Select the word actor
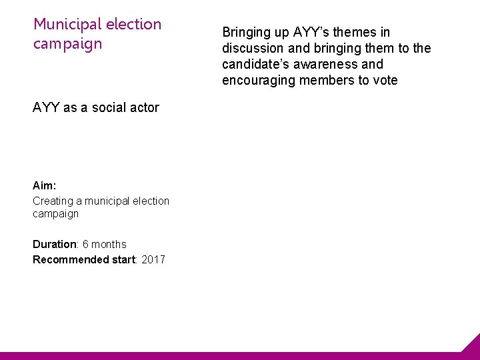143,107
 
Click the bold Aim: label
44,186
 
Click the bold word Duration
55,244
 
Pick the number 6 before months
86,244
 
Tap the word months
109,244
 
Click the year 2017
153,259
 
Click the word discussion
253,48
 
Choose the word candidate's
257,65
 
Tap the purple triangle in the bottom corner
472,345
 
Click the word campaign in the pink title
68,44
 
